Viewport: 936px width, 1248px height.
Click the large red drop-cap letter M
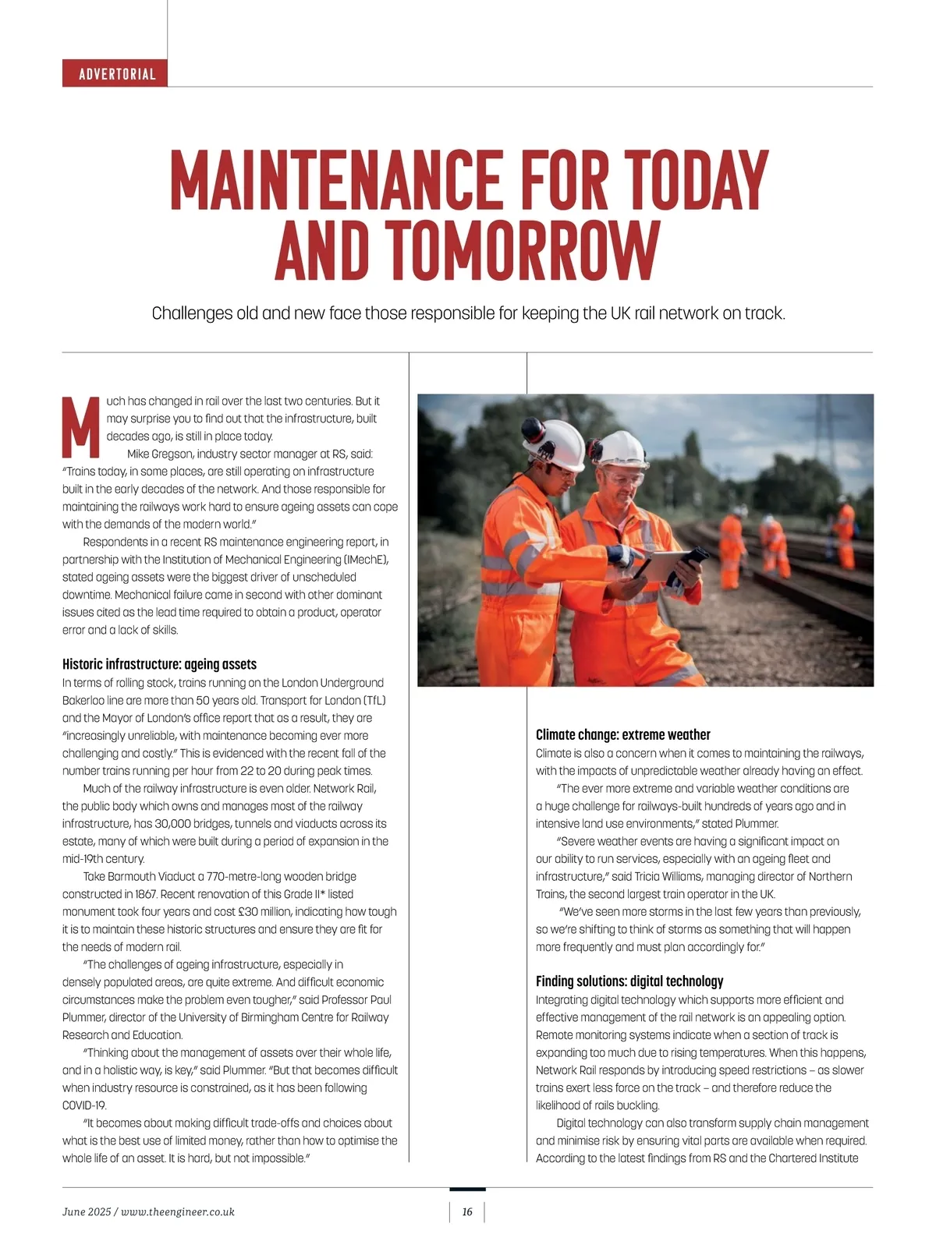coord(80,427)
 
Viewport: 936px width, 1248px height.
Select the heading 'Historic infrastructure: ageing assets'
coord(159,664)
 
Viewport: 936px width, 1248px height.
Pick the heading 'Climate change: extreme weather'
coord(622,734)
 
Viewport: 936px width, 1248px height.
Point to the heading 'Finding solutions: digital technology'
coord(629,981)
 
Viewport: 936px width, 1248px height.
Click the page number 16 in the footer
coord(467,1211)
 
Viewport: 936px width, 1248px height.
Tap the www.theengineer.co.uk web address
coord(178,1211)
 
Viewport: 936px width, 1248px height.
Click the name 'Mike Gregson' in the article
coord(159,454)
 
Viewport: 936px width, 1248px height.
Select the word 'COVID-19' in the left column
coord(84,1105)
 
